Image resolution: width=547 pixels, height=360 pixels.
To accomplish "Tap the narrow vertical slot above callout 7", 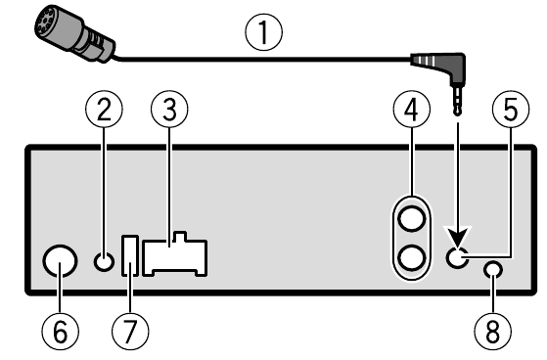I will click(x=130, y=256).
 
